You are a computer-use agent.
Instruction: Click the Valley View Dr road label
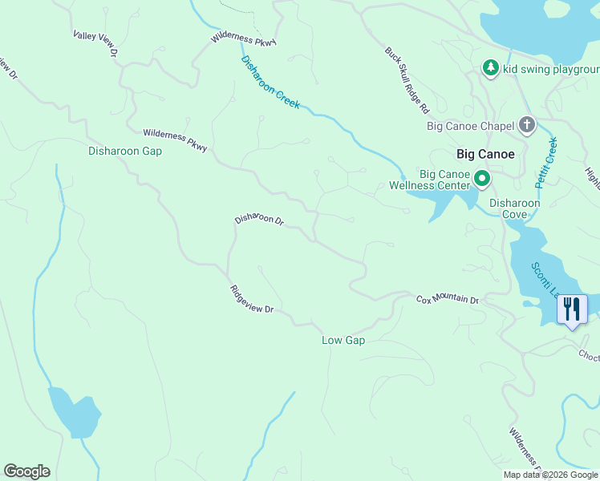coord(95,43)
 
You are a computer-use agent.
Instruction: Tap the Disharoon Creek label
coord(270,83)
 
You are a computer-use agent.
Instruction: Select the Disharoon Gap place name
coord(125,151)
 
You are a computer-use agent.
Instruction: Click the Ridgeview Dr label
coord(252,300)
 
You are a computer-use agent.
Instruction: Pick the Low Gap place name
coord(343,341)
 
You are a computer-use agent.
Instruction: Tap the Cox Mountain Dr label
coord(447,299)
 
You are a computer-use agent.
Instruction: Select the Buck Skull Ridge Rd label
coord(407,79)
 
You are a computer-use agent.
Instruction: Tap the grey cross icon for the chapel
coord(527,124)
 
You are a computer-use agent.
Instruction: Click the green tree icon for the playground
coord(490,68)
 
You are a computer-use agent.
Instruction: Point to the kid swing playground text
coord(551,69)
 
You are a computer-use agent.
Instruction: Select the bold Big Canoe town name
coord(484,153)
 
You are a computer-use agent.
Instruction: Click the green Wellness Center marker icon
coord(482,178)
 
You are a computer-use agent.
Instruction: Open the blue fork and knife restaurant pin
coord(572,309)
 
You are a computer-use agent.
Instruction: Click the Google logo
coord(26,471)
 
